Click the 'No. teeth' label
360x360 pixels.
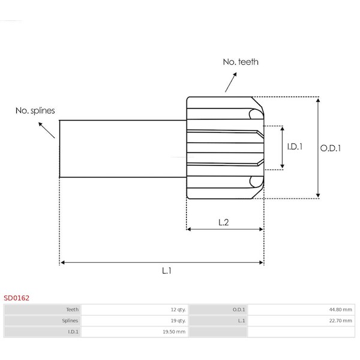click(x=241, y=62)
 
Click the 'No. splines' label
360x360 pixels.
click(x=35, y=110)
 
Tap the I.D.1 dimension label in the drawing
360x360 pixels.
click(x=294, y=146)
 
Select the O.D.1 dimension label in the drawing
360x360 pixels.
click(x=331, y=147)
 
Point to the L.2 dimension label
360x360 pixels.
click(x=224, y=222)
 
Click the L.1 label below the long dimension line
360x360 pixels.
click(x=167, y=271)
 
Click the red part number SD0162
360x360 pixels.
click(x=16, y=297)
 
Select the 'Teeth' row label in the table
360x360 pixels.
click(x=72, y=310)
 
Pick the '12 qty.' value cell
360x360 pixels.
click(x=178, y=310)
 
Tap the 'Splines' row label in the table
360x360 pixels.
click(x=70, y=320)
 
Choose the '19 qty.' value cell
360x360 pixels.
click(x=178, y=320)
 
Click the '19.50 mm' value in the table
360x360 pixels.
click(x=175, y=331)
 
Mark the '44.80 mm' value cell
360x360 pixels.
click(x=340, y=310)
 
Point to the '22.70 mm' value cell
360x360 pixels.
click(x=340, y=320)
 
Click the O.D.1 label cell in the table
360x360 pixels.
click(x=238, y=310)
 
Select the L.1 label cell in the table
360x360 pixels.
click(x=241, y=320)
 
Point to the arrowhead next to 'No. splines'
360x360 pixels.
click(x=41, y=123)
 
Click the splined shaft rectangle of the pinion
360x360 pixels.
click(x=122, y=148)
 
